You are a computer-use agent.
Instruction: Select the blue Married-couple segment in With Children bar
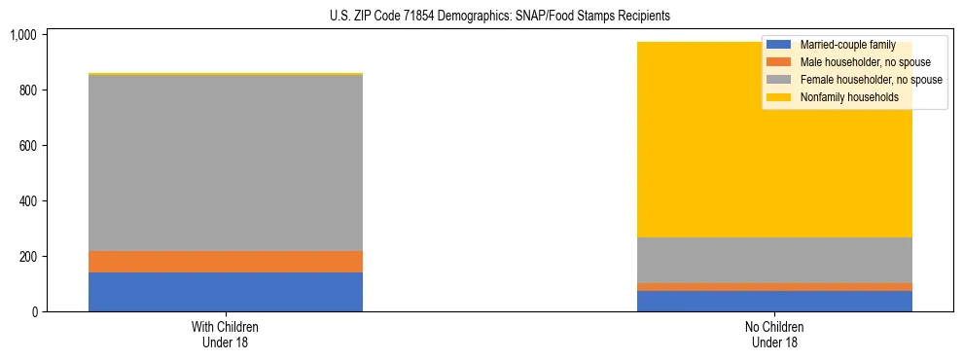[x=226, y=292]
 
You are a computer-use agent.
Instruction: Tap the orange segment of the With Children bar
[x=226, y=262]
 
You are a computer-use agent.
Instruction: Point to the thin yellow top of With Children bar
[x=226, y=73]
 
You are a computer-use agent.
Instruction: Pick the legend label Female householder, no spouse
[x=870, y=80]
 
